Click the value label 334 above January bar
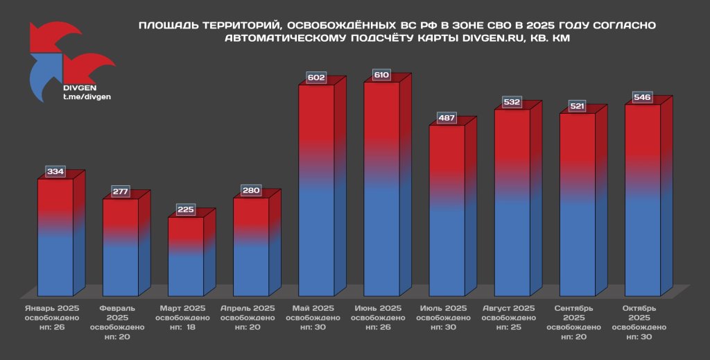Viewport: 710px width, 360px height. coord(55,171)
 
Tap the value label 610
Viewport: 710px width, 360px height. coord(381,75)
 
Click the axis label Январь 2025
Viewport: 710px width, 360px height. coord(53,308)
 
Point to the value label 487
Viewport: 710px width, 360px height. coord(447,118)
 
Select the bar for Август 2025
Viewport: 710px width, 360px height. coord(512,201)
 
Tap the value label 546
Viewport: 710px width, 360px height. coord(642,97)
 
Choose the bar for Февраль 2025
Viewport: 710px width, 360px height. coord(121,247)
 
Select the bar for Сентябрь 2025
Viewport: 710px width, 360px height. coord(577,205)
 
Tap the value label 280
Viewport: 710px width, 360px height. coord(251,190)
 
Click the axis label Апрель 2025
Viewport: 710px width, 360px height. coord(248,308)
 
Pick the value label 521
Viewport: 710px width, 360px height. coord(577,106)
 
